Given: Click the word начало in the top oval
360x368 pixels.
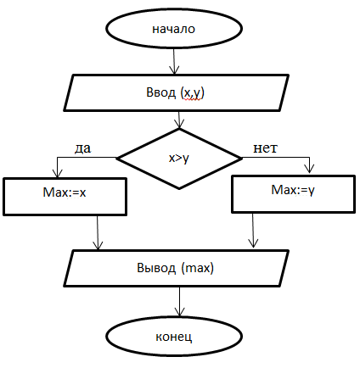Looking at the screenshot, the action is (x=173, y=29).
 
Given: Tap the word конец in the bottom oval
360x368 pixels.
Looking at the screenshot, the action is (x=174, y=337).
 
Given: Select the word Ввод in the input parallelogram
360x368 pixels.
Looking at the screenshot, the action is (x=160, y=92).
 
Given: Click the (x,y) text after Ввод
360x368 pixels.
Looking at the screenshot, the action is (x=193, y=93).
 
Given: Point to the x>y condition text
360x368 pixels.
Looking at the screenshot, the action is (x=178, y=159).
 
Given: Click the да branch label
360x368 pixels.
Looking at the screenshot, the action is (x=82, y=148).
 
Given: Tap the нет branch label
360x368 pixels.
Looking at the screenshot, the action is (x=265, y=148).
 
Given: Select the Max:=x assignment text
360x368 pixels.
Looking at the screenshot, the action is (x=65, y=192).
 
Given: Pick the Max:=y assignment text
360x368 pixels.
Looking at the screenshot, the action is (x=293, y=190).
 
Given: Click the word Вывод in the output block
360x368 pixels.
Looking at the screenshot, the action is (x=156, y=268).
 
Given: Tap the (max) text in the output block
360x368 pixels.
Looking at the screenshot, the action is (x=197, y=268).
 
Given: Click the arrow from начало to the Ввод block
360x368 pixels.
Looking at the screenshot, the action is (x=174, y=61).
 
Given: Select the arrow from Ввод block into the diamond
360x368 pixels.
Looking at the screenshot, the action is (x=179, y=120).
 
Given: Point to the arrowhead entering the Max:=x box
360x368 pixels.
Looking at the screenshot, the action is (x=58, y=173).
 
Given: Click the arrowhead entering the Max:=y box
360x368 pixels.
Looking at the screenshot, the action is (x=310, y=169).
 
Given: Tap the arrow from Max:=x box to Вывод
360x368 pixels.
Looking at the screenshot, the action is (x=98, y=233).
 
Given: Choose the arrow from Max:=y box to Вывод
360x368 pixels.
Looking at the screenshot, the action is (x=253, y=231).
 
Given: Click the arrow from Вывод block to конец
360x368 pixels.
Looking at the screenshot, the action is (x=179, y=302).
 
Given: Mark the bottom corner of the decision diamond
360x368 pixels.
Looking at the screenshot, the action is (x=179, y=188).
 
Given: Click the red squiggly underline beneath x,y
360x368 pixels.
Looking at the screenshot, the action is (x=194, y=100).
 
